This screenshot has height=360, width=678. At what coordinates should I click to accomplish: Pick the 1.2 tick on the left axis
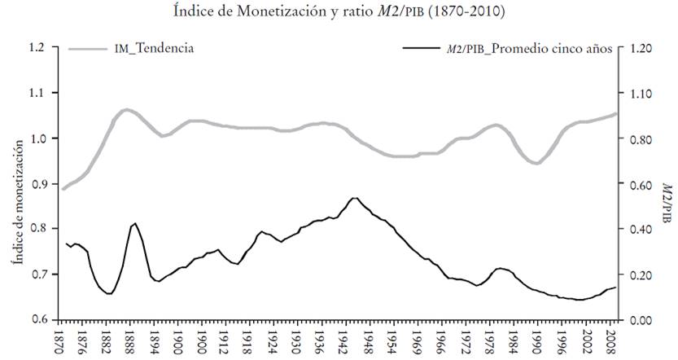point(37,47)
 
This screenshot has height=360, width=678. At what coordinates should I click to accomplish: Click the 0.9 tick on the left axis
point(37,184)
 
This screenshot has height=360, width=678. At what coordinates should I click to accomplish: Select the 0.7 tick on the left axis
point(37,274)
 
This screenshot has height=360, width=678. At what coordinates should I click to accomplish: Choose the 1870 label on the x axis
point(59,339)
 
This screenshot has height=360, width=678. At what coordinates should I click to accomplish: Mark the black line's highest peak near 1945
point(354,198)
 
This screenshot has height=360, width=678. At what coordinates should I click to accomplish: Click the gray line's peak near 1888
point(127,109)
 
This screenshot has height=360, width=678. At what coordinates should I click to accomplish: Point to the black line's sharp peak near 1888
point(135,223)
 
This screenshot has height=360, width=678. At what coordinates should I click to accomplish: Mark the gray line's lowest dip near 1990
point(536,163)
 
